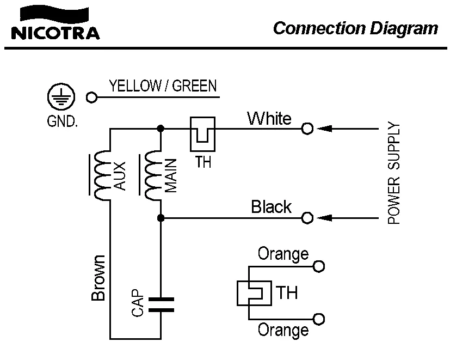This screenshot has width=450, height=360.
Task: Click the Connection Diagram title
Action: (355, 28)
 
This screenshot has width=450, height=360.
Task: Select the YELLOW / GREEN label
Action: (163, 86)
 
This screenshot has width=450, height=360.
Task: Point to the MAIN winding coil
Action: (153, 175)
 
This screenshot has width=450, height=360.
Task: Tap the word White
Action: (269, 118)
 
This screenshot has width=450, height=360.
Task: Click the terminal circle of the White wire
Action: (307, 129)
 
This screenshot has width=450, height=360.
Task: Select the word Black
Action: (271, 207)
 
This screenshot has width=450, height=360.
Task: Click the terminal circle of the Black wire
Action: (307, 218)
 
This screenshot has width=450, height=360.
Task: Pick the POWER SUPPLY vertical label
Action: (394, 173)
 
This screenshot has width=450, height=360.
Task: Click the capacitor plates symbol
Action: (161, 304)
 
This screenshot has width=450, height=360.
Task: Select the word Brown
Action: (98, 278)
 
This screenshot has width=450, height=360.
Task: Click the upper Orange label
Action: (283, 254)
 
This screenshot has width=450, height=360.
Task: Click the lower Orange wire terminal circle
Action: (319, 319)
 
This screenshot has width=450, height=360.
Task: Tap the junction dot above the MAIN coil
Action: (161, 129)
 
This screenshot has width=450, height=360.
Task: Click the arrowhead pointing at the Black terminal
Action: (324, 218)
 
